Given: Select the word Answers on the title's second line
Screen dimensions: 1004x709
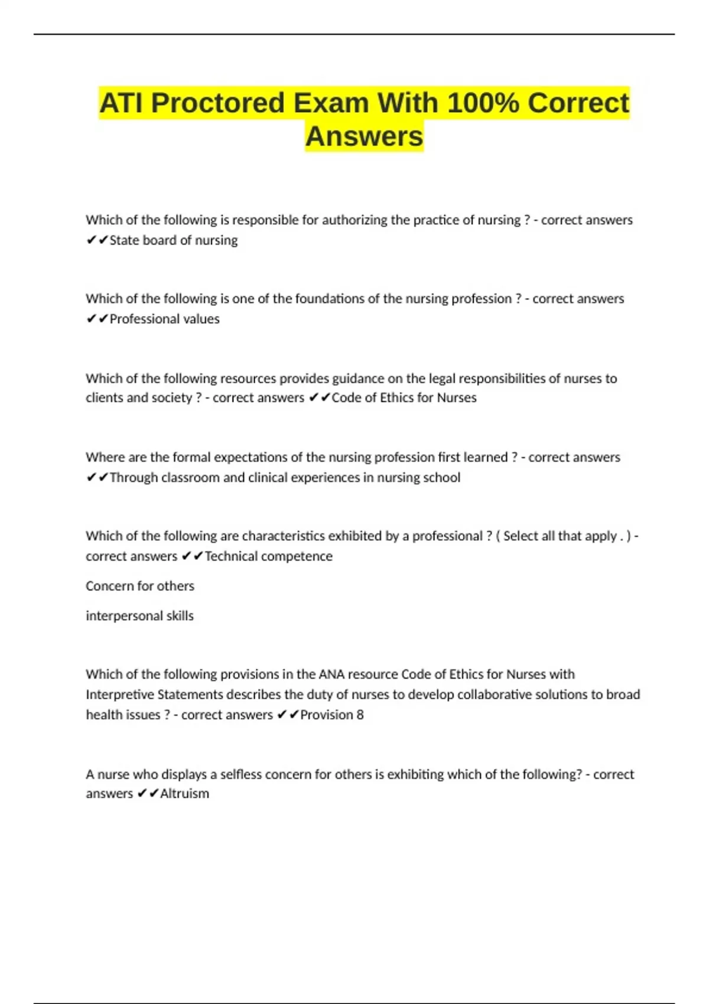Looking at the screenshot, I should tap(364, 136).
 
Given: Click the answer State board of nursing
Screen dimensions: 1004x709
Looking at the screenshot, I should tap(174, 240).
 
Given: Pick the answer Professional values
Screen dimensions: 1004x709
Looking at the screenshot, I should tap(164, 319).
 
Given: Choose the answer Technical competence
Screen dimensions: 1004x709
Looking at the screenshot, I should tap(268, 556).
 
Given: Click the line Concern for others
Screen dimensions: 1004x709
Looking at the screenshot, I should tap(140, 586).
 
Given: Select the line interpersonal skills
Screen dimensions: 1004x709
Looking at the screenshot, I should tap(139, 616).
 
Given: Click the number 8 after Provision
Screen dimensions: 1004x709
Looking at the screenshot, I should tap(360, 715).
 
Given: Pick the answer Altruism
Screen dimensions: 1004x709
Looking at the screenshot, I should tap(184, 794).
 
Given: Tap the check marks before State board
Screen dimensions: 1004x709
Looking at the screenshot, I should tap(97, 240).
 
